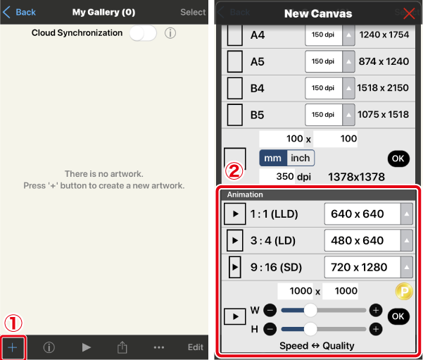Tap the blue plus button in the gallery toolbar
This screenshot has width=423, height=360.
[13, 347]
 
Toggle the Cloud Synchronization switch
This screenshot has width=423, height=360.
[143, 33]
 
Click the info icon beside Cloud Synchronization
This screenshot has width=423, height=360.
[170, 33]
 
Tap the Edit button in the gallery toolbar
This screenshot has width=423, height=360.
[196, 347]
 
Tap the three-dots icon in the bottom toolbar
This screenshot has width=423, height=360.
[159, 347]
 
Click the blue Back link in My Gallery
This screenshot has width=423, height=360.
[19, 12]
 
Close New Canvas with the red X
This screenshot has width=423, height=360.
[409, 13]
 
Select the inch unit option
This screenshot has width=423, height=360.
[301, 158]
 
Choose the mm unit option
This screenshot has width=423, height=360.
[273, 158]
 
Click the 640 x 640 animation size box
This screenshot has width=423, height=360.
[362, 214]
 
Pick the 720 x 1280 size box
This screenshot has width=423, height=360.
[362, 268]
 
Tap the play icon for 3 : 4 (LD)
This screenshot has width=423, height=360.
[234, 240]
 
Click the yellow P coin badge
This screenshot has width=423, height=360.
[404, 292]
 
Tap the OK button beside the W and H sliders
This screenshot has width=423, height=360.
[398, 316]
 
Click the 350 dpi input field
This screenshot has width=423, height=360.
[277, 177]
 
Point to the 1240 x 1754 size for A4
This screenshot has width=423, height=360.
[384, 35]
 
